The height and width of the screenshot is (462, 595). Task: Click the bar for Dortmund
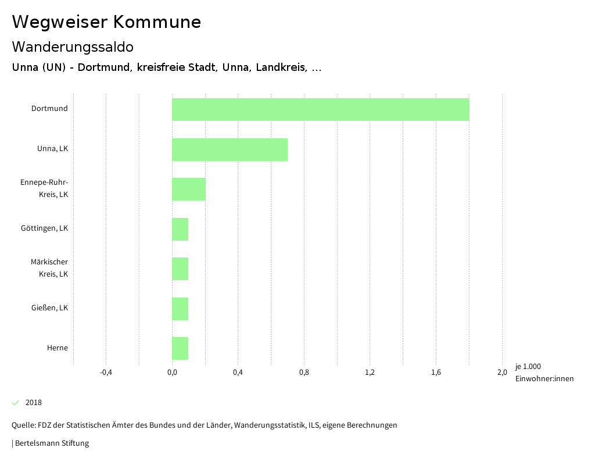[x=320, y=109]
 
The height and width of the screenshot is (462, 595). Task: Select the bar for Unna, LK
[x=230, y=149]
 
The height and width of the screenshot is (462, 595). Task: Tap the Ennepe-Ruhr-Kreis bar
[x=188, y=189]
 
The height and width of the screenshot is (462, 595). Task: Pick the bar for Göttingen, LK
[x=180, y=229]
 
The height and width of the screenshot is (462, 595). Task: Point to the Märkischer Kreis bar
[x=180, y=268]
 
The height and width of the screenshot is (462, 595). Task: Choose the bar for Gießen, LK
[x=180, y=309]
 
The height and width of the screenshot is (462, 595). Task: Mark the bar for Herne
[x=180, y=348]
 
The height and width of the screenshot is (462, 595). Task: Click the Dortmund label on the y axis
[x=49, y=109]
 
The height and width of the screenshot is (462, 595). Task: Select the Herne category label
[x=58, y=348]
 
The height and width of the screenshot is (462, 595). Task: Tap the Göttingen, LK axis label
[x=44, y=228]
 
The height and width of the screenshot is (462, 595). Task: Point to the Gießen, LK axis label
[x=49, y=308]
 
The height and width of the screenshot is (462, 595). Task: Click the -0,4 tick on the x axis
[x=106, y=373]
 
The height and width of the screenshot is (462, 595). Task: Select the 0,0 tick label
[x=172, y=373]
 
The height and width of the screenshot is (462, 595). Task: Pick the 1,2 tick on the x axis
[x=370, y=373]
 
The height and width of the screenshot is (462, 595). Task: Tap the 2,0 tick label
[x=502, y=373]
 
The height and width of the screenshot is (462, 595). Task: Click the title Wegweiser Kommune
[x=106, y=22]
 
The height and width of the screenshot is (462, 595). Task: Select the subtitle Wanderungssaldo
[x=73, y=46]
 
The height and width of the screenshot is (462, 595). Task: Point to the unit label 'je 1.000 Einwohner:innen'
[x=544, y=373]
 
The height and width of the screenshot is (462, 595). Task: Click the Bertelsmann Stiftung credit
[x=51, y=443]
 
